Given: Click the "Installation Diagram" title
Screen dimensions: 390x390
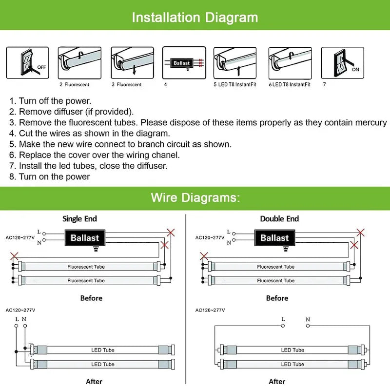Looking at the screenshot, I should click(x=195, y=18).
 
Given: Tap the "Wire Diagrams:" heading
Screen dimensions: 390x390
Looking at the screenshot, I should click(x=195, y=197).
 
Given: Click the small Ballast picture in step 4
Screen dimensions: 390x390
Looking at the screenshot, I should click(x=183, y=63).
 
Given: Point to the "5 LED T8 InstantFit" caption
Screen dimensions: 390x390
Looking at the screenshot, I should click(x=235, y=85).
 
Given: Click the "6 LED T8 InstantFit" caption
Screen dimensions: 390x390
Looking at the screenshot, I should click(x=290, y=85).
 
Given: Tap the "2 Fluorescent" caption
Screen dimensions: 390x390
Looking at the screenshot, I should click(x=75, y=85).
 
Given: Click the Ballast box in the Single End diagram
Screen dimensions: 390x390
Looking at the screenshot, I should click(x=84, y=238).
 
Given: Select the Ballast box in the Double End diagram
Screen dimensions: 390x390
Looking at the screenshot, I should click(x=274, y=238).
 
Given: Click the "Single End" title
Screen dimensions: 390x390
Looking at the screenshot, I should click(x=79, y=219).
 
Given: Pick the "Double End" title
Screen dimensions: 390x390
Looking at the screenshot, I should click(x=279, y=219).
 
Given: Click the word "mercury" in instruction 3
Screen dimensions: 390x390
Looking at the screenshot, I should click(x=371, y=123).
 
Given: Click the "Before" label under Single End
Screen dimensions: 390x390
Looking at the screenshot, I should click(x=91, y=298).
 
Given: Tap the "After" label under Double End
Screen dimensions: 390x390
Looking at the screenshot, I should click(x=277, y=381).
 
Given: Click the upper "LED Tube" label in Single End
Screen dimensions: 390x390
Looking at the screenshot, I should click(x=102, y=350).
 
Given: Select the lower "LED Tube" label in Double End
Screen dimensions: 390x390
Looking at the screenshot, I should click(x=292, y=364).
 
